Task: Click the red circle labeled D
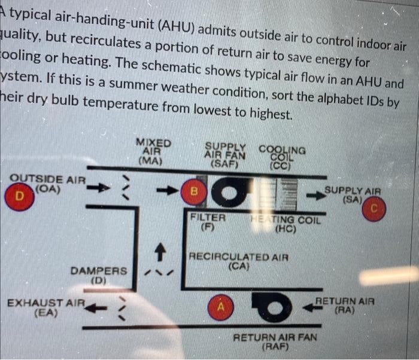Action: pyautogui.click(x=20, y=196)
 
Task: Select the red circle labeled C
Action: pyautogui.click(x=374, y=210)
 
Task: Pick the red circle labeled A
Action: pyautogui.click(x=220, y=307)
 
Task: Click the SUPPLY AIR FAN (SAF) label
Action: pyautogui.click(x=226, y=154)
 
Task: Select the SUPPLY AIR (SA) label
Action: pyautogui.click(x=353, y=194)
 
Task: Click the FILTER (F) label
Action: pyautogui.click(x=208, y=222)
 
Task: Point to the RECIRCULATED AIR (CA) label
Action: pyautogui.click(x=238, y=261)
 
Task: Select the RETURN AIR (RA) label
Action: pyautogui.click(x=345, y=306)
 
